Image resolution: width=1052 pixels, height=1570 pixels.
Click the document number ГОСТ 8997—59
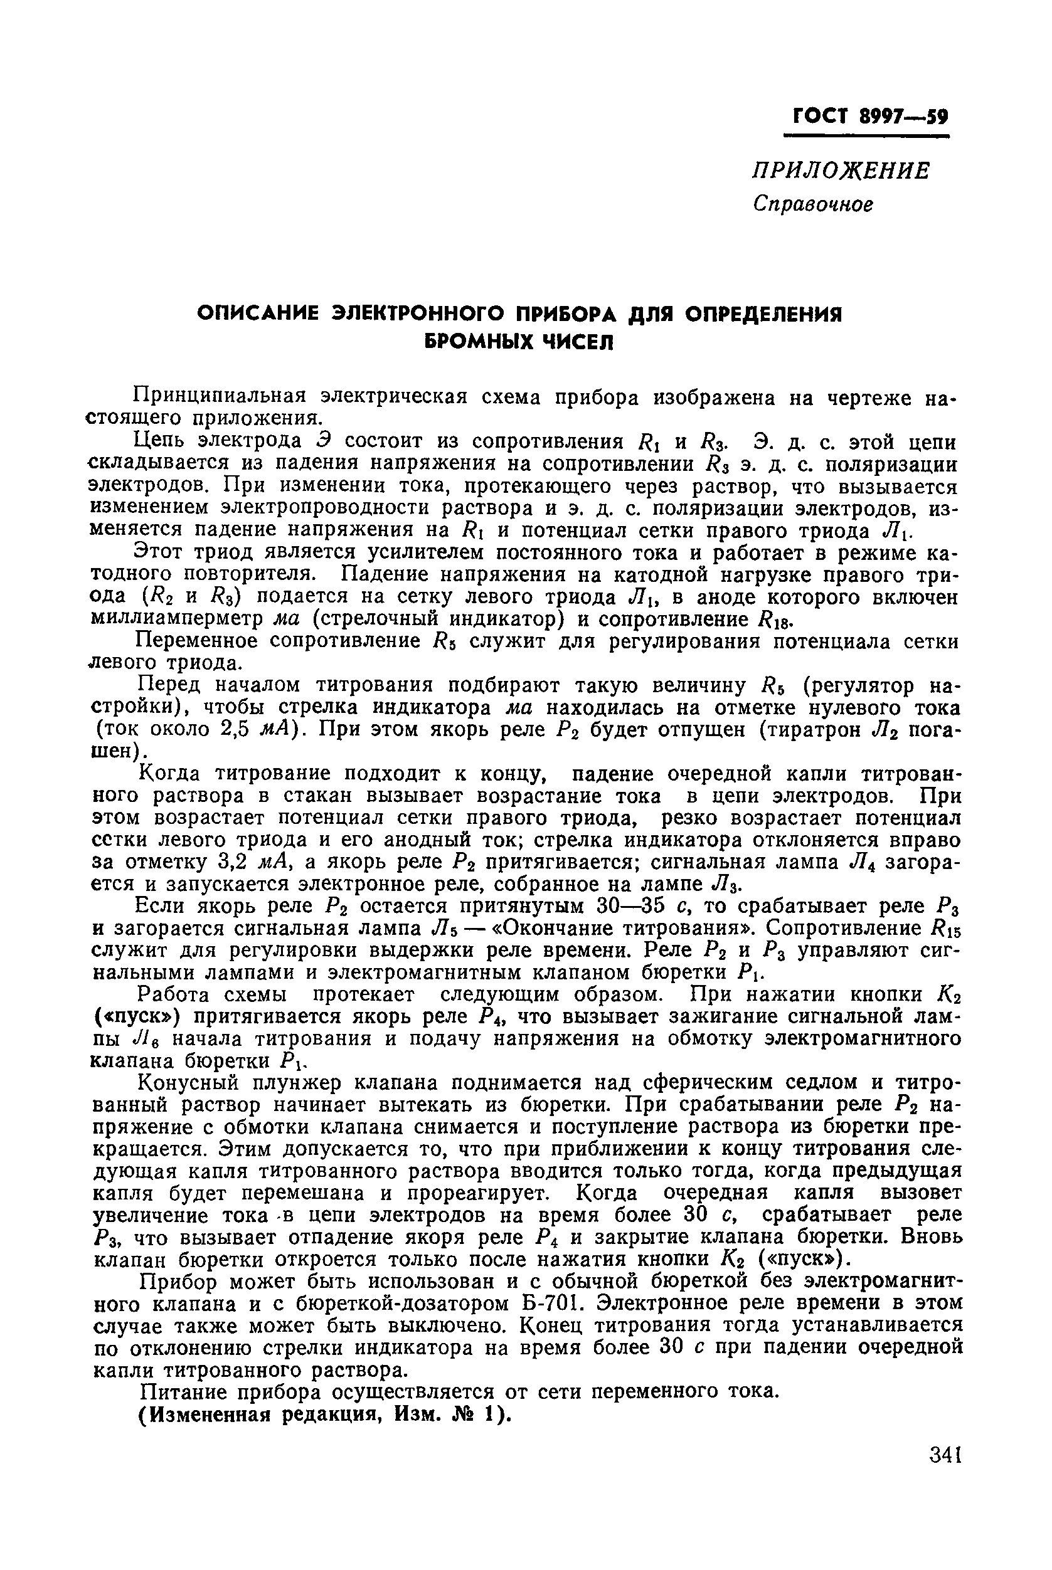(870, 117)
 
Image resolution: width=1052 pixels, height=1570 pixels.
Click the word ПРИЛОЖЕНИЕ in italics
(840, 171)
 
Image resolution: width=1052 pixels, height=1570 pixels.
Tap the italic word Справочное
(813, 203)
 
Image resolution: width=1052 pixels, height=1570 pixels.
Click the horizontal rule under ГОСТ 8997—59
(867, 137)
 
